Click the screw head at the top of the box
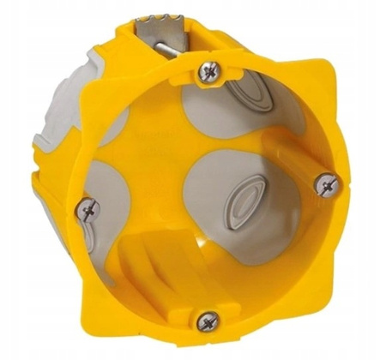click(208, 72)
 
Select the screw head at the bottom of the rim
click(208, 321)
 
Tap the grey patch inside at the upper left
click(116, 124)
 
